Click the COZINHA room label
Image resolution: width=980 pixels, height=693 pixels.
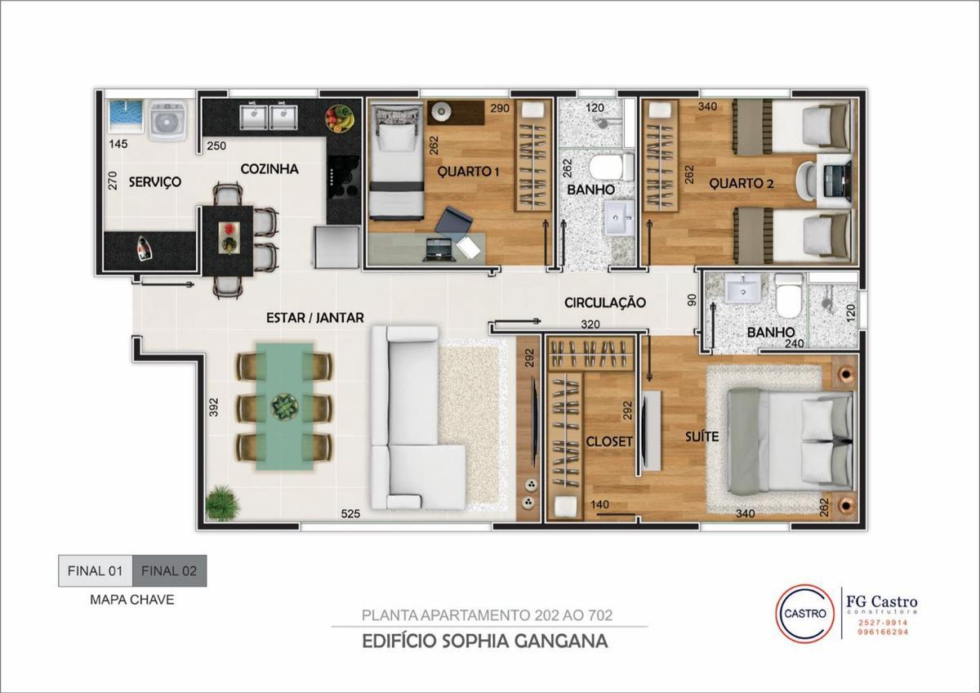tap(269, 169)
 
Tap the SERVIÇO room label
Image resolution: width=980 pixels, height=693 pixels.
tap(155, 181)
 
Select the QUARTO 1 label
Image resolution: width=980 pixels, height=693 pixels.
tap(468, 171)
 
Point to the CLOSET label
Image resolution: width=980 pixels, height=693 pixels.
tap(609, 441)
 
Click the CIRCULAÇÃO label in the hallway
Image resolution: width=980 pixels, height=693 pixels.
tap(604, 302)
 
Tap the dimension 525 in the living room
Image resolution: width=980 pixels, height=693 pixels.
tap(350, 513)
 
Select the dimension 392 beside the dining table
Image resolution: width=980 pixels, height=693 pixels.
tap(213, 407)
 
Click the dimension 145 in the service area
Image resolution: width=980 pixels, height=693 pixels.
tap(118, 144)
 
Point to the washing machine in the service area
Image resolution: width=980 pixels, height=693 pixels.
tap(168, 120)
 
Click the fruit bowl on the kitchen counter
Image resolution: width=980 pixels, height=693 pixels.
tap(340, 118)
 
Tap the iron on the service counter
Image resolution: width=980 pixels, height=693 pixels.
tap(143, 248)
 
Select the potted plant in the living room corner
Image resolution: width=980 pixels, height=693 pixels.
tap(223, 503)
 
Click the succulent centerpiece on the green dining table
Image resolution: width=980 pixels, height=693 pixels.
tap(285, 407)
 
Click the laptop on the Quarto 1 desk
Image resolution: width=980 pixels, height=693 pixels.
tap(438, 250)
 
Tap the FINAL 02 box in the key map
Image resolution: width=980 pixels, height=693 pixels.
tap(169, 571)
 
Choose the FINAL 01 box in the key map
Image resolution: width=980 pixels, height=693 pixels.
tap(96, 571)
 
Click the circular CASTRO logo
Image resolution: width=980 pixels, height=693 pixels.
tap(804, 614)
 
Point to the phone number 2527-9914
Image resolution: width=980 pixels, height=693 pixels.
tap(883, 623)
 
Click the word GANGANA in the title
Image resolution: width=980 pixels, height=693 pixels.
tap(561, 642)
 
